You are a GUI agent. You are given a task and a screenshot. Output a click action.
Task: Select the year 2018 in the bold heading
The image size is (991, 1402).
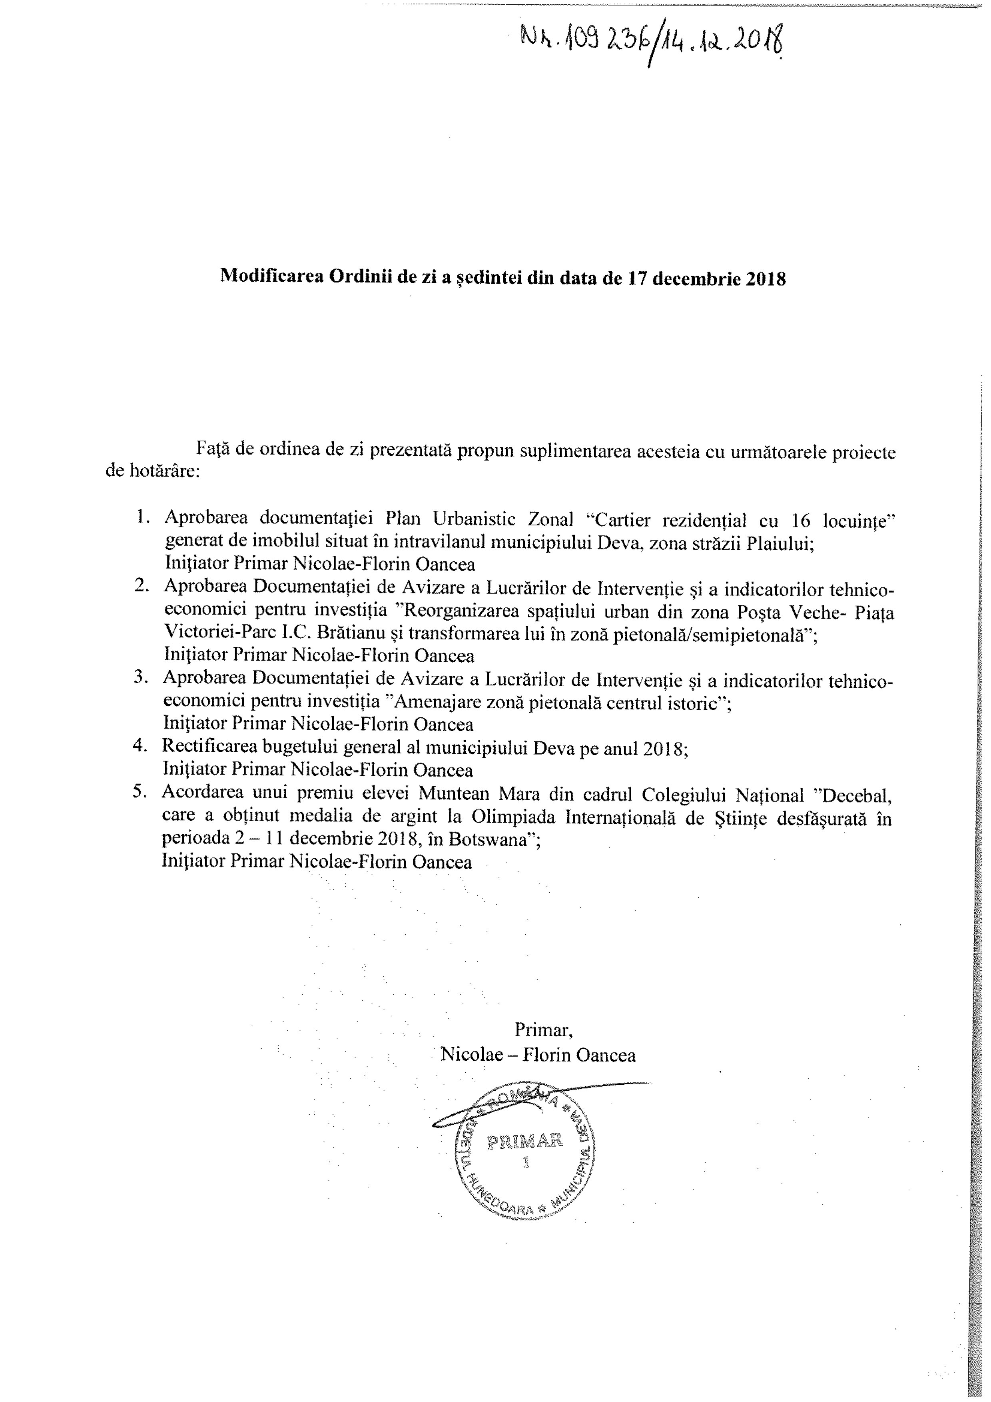767,278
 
